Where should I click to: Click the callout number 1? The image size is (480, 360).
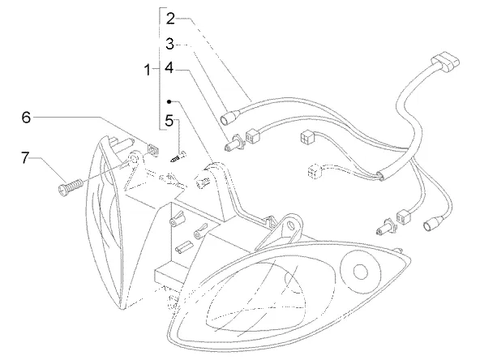tap(148, 70)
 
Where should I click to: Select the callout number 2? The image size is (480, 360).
tap(170, 19)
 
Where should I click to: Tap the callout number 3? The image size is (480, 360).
tap(170, 44)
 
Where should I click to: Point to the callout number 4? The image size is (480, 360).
tap(169, 67)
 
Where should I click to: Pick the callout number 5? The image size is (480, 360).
tap(169, 121)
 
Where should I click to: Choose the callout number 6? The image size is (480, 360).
tap(26, 117)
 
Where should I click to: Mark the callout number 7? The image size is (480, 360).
tap(25, 157)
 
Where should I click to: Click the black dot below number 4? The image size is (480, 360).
tap(169, 101)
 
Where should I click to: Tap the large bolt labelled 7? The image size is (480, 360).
tap(71, 186)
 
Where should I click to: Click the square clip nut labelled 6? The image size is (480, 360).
tap(153, 150)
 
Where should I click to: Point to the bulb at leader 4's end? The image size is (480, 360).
tap(234, 144)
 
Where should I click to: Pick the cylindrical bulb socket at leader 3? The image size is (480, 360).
tap(231, 118)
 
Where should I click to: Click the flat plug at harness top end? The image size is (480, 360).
tap(445, 62)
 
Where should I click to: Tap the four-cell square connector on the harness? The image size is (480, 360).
tap(307, 135)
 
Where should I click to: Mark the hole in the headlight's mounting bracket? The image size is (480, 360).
tap(290, 225)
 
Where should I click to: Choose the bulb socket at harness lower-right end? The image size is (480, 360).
tap(432, 223)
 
